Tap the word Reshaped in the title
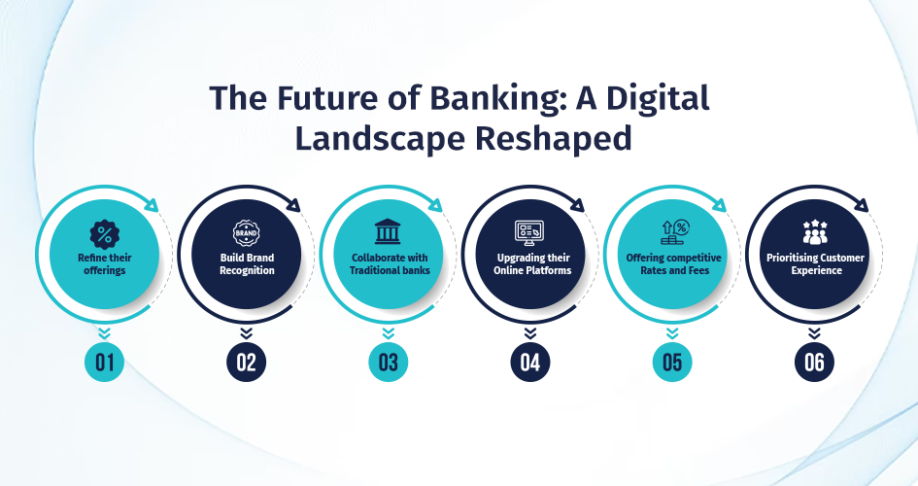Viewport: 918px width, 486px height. pos(554,139)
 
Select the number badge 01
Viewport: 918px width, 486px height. pos(104,362)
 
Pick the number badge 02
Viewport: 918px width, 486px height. pos(247,362)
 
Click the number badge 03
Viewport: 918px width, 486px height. pos(389,362)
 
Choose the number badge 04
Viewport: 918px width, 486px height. pos(530,362)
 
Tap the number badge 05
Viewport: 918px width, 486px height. pos(672,362)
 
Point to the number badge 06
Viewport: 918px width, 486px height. pos(814,362)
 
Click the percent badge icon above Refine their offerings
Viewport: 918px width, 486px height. pos(105,235)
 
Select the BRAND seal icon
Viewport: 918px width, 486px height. pos(247,233)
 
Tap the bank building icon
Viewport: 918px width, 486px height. pos(388,232)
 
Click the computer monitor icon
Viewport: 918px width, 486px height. pos(529,233)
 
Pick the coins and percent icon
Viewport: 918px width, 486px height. pos(675,232)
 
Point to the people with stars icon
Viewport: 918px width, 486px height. pos(815,232)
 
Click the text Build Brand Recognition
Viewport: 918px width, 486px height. pos(247,264)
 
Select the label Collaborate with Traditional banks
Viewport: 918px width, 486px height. pos(390,264)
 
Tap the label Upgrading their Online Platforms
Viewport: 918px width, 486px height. pos(532,264)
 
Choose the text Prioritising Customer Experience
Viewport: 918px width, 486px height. pos(816,264)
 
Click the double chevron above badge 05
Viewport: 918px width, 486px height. pos(672,333)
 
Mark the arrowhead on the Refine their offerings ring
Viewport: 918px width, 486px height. pos(152,205)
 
